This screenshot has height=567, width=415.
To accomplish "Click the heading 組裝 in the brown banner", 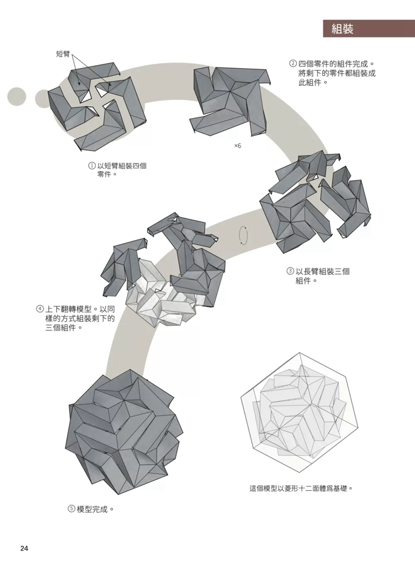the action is pos(342,29).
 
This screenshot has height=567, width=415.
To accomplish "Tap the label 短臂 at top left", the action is pos(63,54).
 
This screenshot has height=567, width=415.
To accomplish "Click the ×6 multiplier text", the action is pos(238,146).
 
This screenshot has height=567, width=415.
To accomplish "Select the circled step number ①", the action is pos(92,166).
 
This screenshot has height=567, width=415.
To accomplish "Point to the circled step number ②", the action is pos(293,64).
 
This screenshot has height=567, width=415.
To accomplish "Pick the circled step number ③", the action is pos(290,271).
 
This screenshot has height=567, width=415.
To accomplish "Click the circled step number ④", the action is pos(39,309).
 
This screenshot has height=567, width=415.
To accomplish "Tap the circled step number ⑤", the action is pos(72,509).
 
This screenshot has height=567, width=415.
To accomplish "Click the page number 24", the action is pos(24,548).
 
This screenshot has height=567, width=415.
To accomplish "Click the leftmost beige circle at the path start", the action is pos(17,96).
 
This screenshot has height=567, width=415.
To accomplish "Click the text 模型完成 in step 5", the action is pos(92,509).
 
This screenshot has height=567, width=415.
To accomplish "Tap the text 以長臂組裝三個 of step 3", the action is pos(323,271).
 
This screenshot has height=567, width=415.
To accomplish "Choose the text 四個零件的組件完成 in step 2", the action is pos(333,64).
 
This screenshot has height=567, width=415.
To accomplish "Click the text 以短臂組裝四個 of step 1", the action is pos(122,166).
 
